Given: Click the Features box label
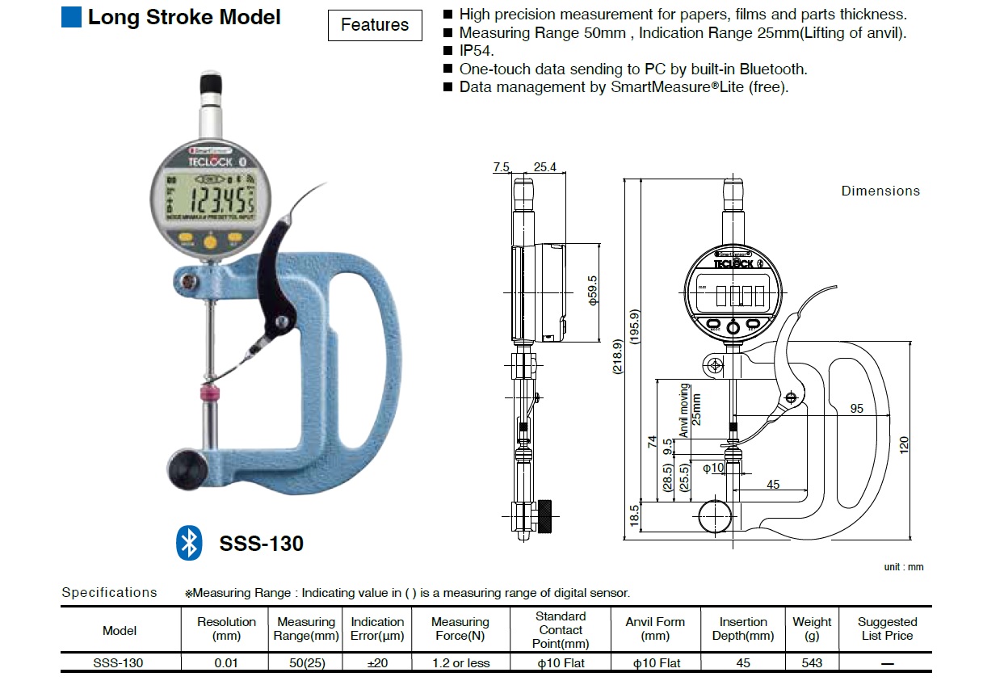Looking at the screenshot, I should (375, 25).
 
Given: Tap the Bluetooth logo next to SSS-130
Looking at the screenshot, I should (189, 543).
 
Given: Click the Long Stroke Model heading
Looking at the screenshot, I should (184, 17).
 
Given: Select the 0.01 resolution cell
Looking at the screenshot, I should (226, 662).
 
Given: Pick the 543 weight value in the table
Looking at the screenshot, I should (812, 662).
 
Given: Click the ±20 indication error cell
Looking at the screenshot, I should (377, 662).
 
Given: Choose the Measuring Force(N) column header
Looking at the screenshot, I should (460, 628).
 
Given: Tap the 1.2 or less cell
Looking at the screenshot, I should (460, 662).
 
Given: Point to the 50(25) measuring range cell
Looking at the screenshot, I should (305, 662).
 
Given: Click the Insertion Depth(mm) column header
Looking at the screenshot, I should (743, 628).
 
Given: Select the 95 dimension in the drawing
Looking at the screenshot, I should (856, 408).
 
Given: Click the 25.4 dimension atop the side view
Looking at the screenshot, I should (545, 167).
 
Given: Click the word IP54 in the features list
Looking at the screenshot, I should (476, 51).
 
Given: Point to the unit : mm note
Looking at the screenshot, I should (903, 567).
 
